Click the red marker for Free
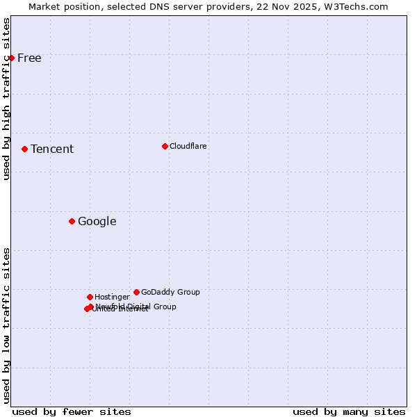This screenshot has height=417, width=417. pyautogui.click(x=12, y=58)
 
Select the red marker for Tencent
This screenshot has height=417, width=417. pyautogui.click(x=24, y=149)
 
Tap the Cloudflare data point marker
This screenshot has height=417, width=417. pyautogui.click(x=165, y=146)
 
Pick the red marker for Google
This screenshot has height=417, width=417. pyautogui.click(x=72, y=221)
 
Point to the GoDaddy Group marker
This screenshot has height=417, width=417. pyautogui.click(x=136, y=292)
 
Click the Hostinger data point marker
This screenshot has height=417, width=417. pyautogui.click(x=90, y=297)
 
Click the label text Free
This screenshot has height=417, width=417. pyautogui.click(x=29, y=58)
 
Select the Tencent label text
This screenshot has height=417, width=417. pyautogui.click(x=52, y=149)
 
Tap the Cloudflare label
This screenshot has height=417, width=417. pyautogui.click(x=188, y=146)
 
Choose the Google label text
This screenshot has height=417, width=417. pyautogui.click(x=97, y=221)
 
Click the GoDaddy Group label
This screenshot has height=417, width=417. pyautogui.click(x=170, y=292)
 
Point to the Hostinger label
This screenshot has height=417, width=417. pyautogui.click(x=112, y=297)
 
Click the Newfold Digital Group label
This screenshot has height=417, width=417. pyautogui.click(x=136, y=306)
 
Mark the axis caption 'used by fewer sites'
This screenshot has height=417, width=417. pyautogui.click(x=72, y=411)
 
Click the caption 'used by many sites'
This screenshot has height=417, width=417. pyautogui.click(x=349, y=411)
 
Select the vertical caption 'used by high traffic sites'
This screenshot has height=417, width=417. pyautogui.click(x=7, y=99)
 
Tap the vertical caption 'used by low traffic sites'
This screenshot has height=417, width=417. pyautogui.click(x=7, y=325)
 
